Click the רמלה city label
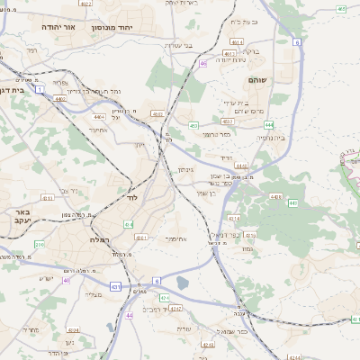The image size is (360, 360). point(99,240)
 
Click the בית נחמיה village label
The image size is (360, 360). point(271,138)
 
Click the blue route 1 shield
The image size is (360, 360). point(40,89)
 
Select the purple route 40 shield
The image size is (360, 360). point(66,279)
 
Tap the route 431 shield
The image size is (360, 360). point(115,286)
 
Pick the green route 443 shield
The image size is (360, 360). point(293,203)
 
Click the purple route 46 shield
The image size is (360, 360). point(204,63)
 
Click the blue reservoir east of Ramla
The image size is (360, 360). point(183,283)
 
